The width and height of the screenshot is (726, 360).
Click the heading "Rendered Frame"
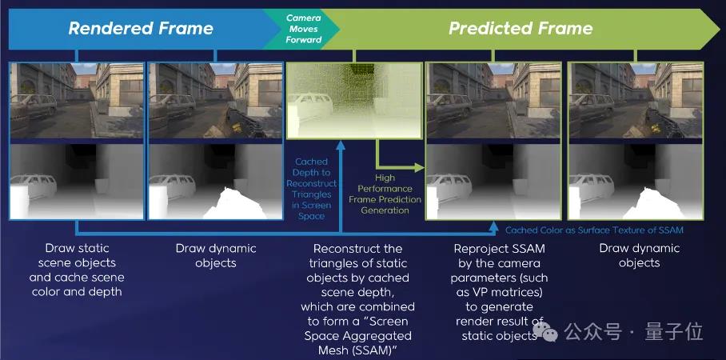coord(141,29)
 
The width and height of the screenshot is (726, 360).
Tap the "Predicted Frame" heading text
coord(521,29)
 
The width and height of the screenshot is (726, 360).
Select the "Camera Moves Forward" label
coord(303,29)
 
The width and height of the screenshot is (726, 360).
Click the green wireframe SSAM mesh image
coord(354,101)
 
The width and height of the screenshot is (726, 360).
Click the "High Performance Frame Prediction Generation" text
coord(385,194)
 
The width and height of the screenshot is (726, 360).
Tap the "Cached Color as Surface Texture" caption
coord(594,230)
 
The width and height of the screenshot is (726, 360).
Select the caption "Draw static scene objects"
coord(77,270)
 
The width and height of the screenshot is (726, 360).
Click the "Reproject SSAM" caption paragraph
coord(499,292)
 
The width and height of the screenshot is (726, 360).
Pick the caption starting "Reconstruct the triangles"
coord(357,299)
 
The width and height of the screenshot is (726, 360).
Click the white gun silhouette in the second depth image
coord(234,204)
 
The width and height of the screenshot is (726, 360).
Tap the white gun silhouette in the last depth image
coord(653,204)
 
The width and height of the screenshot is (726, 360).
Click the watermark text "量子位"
coord(674,332)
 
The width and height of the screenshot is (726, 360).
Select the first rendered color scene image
coord(77,101)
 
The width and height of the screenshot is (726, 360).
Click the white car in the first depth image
coord(34,185)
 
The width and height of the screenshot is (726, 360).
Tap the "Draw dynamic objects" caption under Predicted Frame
coord(640,255)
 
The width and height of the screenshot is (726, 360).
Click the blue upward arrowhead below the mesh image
coord(341,146)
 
